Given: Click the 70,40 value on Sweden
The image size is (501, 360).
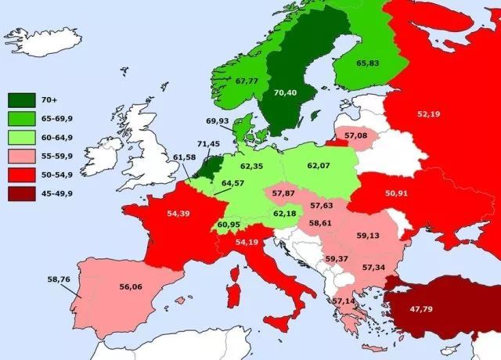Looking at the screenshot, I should [286, 92].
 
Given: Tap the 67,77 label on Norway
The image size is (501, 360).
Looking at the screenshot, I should [247, 81].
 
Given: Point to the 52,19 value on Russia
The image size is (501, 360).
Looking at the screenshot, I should [428, 114].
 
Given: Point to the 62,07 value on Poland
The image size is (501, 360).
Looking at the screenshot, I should [319, 166].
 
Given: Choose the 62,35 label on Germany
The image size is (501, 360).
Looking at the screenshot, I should [252, 167].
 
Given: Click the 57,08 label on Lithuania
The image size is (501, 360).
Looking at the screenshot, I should [355, 136].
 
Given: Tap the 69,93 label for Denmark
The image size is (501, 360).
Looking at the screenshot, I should [218, 121].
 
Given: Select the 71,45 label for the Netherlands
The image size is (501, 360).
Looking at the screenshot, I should [208, 144].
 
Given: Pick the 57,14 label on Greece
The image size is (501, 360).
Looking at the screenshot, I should [343, 301].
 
